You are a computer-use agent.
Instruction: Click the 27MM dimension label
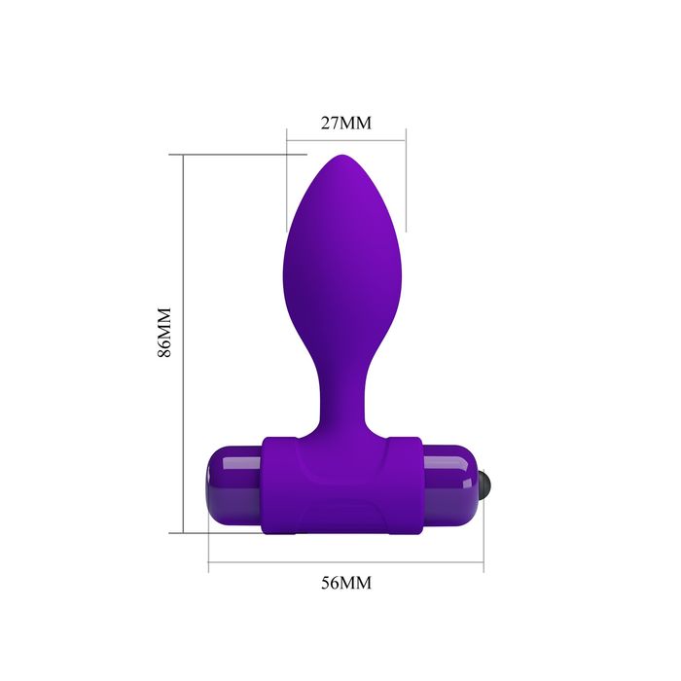(346, 123)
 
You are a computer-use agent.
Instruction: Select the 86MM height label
(164, 333)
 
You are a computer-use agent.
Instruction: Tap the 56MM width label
(346, 583)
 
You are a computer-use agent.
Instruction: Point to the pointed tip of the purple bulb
(342, 156)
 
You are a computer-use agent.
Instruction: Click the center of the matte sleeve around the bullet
(341, 485)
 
